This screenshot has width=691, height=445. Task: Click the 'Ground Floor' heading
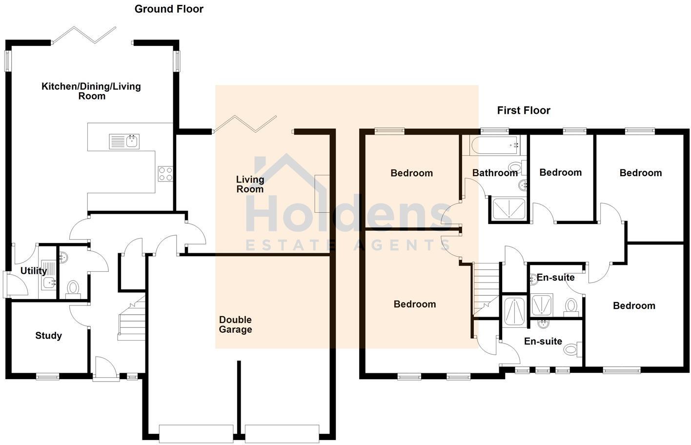point(169,9)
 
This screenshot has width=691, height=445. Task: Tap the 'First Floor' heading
point(523,110)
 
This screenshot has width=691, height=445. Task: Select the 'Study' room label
point(48,335)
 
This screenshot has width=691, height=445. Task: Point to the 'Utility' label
point(33,271)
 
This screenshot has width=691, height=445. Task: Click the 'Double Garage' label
point(235,324)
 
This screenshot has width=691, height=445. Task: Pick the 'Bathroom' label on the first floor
point(494,173)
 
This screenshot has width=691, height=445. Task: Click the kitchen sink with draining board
point(124,142)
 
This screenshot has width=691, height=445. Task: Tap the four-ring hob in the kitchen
point(165,174)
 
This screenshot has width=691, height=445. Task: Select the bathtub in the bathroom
point(494,144)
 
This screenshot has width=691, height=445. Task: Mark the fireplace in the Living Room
point(322,194)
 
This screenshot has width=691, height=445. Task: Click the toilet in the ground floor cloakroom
point(73,288)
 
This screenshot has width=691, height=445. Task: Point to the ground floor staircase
point(132,320)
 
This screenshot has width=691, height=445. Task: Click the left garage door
point(196,433)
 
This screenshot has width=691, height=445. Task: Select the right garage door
point(282,433)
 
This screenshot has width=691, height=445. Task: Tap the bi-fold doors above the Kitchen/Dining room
point(84,35)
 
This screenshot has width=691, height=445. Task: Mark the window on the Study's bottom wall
point(48,376)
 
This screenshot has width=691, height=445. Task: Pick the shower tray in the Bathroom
point(508,209)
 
